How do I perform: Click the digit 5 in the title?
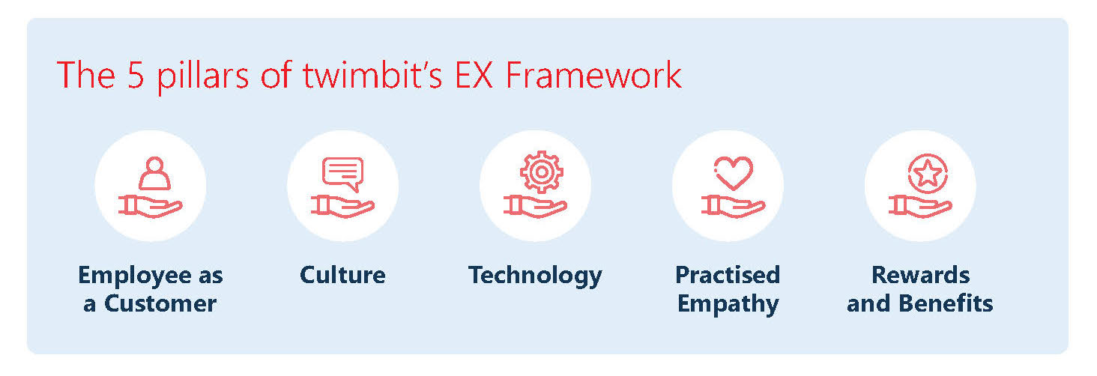[x=136, y=76]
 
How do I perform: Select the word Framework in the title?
[x=593, y=75]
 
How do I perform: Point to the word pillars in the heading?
[x=203, y=76]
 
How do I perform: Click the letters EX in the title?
[x=474, y=76]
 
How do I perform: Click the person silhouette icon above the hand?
[x=155, y=173]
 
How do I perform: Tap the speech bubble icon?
[x=343, y=174]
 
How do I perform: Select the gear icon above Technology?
[x=541, y=172]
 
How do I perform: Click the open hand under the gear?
[x=535, y=207]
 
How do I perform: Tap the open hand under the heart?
[x=733, y=207]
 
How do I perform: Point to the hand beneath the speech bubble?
[x=342, y=207]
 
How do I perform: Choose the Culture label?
[x=342, y=275]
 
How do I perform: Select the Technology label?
[x=535, y=276]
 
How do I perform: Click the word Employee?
[x=134, y=276]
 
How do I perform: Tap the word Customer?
[x=160, y=303]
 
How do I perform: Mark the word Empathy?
[x=728, y=305]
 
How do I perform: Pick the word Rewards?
[x=920, y=275]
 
